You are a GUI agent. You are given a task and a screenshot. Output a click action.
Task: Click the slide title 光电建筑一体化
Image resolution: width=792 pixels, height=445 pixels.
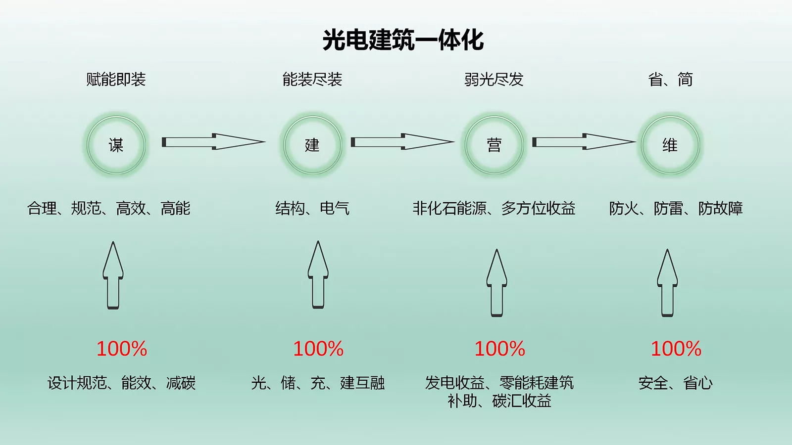click(403, 40)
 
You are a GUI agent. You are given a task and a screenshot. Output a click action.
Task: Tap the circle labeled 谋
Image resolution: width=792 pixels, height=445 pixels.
click(116, 145)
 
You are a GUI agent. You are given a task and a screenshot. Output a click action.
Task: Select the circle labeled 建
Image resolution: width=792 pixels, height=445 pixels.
click(312, 145)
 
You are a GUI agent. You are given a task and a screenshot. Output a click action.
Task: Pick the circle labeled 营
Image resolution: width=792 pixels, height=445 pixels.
click(494, 145)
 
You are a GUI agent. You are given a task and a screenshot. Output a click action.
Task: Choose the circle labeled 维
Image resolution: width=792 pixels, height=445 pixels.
click(670, 145)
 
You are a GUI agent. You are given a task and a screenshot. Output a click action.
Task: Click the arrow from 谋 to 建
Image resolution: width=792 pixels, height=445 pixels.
click(213, 142)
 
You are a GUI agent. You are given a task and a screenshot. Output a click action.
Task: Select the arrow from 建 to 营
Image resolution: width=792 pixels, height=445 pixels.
click(402, 142)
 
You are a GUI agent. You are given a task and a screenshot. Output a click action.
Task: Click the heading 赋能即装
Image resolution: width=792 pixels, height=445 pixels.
click(116, 79)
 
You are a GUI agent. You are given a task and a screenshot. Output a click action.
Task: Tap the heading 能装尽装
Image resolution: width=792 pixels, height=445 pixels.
click(312, 79)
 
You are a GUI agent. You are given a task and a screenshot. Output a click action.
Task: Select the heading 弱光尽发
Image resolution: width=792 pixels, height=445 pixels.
click(494, 79)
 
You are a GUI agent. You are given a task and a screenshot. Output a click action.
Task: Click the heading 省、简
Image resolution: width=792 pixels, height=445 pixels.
click(670, 79)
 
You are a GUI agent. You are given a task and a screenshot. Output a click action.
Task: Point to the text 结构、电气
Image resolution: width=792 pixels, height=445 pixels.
click(312, 208)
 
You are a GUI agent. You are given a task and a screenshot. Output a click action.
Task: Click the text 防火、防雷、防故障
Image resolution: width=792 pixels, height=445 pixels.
click(676, 208)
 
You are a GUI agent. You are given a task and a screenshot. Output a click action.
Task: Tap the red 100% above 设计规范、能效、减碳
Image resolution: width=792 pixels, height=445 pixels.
click(122, 349)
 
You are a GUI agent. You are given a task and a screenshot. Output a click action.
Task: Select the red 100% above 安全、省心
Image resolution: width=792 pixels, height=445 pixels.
click(676, 349)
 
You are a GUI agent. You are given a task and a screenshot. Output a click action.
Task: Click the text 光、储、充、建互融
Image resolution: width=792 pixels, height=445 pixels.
click(318, 383)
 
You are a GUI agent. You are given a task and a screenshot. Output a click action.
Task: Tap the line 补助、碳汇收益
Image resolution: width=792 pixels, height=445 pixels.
click(499, 400)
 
